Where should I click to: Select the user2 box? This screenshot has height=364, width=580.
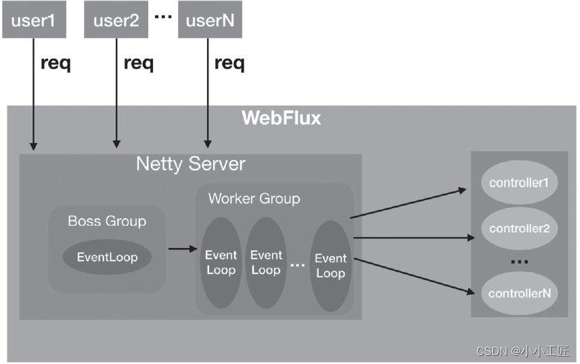[x=116, y=20]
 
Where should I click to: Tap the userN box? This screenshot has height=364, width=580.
[x=210, y=20]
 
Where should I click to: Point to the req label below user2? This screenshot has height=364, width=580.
[x=139, y=64]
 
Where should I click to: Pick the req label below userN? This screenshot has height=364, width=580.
[x=229, y=64]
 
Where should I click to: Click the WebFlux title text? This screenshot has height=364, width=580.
[x=281, y=118]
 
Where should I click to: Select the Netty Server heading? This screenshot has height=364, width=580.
[x=191, y=163]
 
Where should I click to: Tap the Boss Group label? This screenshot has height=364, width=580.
[x=107, y=221]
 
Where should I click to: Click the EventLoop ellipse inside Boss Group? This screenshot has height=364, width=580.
[x=107, y=257]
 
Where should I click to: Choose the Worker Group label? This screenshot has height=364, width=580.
[x=254, y=199]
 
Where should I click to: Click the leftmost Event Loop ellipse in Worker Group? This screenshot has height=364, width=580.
[x=221, y=263]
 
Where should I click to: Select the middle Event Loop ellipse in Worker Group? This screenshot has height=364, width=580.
[x=266, y=263]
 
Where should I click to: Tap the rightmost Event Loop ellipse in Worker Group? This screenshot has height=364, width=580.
[x=330, y=265]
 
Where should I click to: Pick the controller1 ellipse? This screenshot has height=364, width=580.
[x=518, y=183]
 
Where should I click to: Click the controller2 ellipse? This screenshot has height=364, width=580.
[x=518, y=228]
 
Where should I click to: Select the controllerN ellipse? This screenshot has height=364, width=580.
[x=518, y=294]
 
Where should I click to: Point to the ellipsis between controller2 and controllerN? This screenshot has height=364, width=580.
[x=518, y=262]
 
